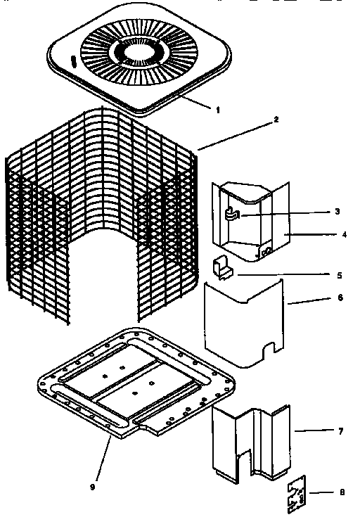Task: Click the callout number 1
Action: click(x=217, y=110)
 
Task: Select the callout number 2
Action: click(x=257, y=120)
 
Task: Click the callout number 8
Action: click(x=342, y=492)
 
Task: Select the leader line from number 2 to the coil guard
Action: click(x=228, y=134)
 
